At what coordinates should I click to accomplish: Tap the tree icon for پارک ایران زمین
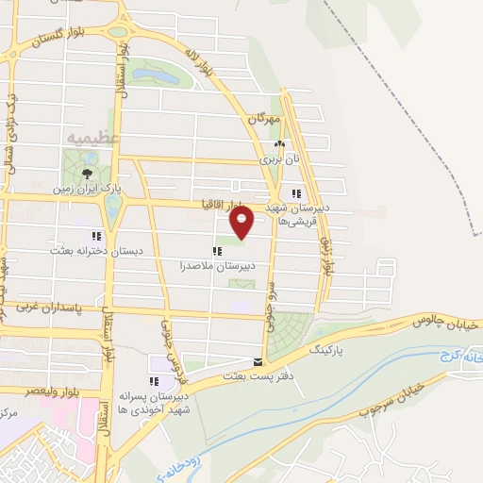pos(88,173)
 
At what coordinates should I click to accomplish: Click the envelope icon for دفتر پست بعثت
pos(258,361)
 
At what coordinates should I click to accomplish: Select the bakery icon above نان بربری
pos(277,144)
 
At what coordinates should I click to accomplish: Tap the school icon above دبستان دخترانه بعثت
pos(95,236)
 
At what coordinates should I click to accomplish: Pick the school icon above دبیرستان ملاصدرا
pos(218,251)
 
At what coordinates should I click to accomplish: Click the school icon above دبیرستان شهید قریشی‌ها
pos(298,193)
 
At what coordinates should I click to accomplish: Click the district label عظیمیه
pos(92,138)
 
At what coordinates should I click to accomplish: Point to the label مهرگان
pos(266,119)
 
